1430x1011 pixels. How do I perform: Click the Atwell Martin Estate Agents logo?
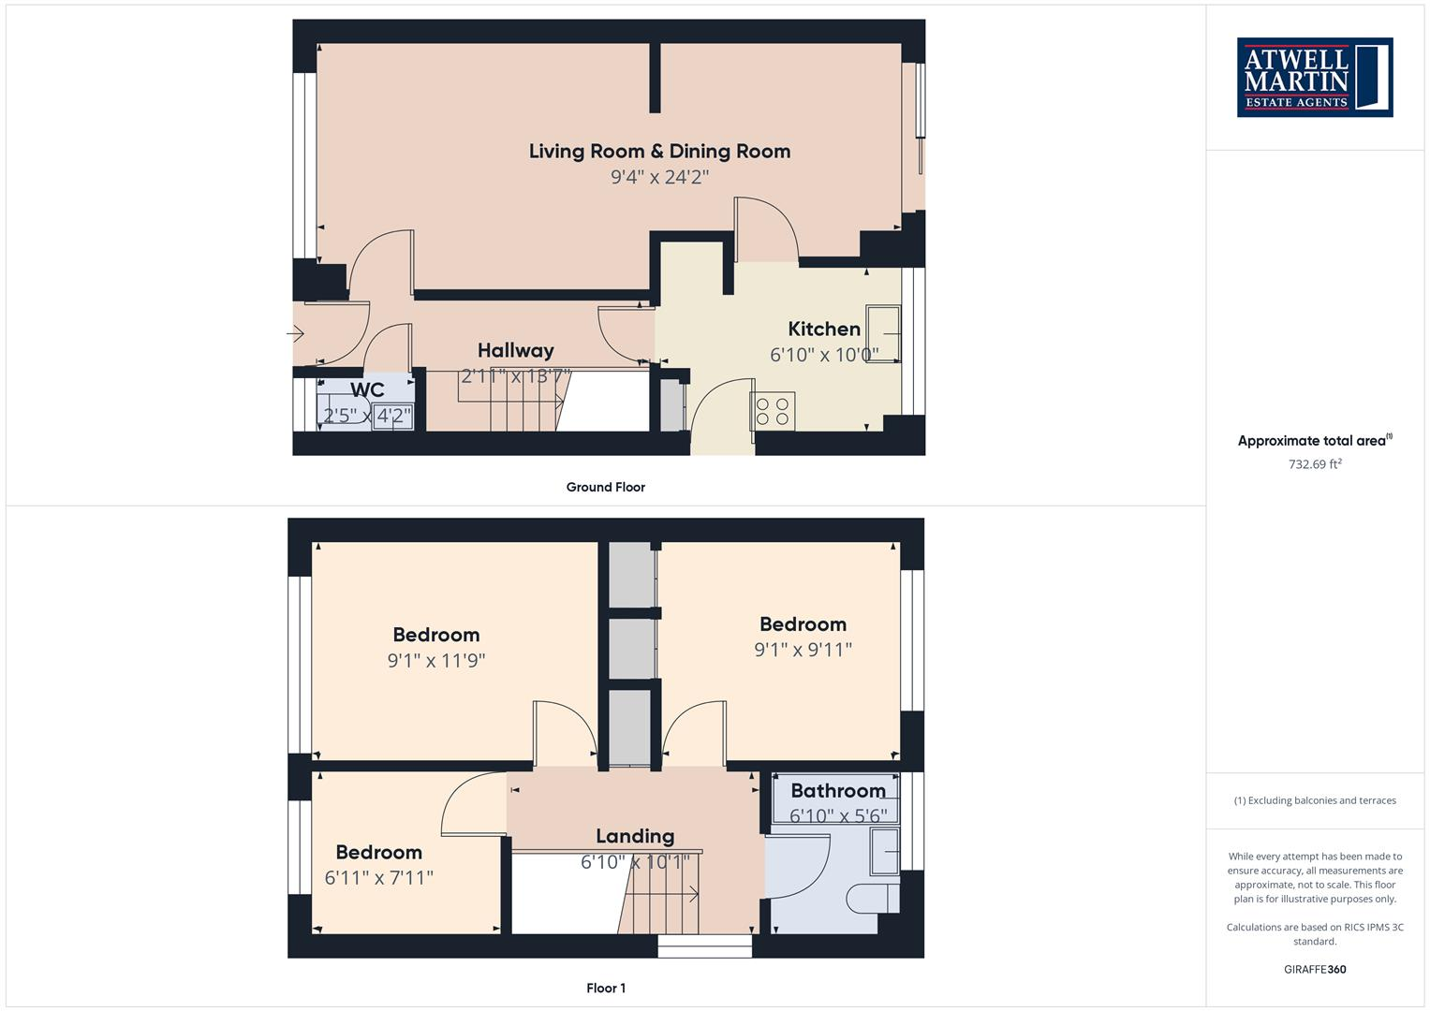tap(1314, 77)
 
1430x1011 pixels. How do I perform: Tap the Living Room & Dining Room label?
tap(659, 151)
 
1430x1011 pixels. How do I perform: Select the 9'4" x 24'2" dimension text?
tap(659, 177)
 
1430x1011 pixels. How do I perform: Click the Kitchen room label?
tap(823, 329)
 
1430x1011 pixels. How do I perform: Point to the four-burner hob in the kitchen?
tap(773, 411)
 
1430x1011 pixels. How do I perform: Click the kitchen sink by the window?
tap(883, 333)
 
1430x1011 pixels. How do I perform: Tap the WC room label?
tap(367, 389)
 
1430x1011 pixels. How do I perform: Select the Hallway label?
tap(515, 350)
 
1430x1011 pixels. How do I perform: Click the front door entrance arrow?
tap(296, 333)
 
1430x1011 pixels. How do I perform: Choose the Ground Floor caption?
tap(605, 487)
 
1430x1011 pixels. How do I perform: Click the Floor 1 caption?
tap(605, 988)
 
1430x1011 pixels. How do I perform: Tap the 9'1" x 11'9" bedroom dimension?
tap(435, 660)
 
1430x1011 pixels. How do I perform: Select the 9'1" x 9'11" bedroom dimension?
tap(803, 650)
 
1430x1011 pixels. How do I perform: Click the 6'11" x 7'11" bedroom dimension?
tap(378, 878)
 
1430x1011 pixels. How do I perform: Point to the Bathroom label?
tap(837, 790)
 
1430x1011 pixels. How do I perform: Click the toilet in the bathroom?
tap(872, 900)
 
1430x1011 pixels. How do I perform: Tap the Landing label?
tap(634, 836)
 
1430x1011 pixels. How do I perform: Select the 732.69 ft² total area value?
tap(1314, 464)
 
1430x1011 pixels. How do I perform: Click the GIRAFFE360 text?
tap(1314, 969)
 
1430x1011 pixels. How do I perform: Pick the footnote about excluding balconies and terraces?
tap(1314, 800)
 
